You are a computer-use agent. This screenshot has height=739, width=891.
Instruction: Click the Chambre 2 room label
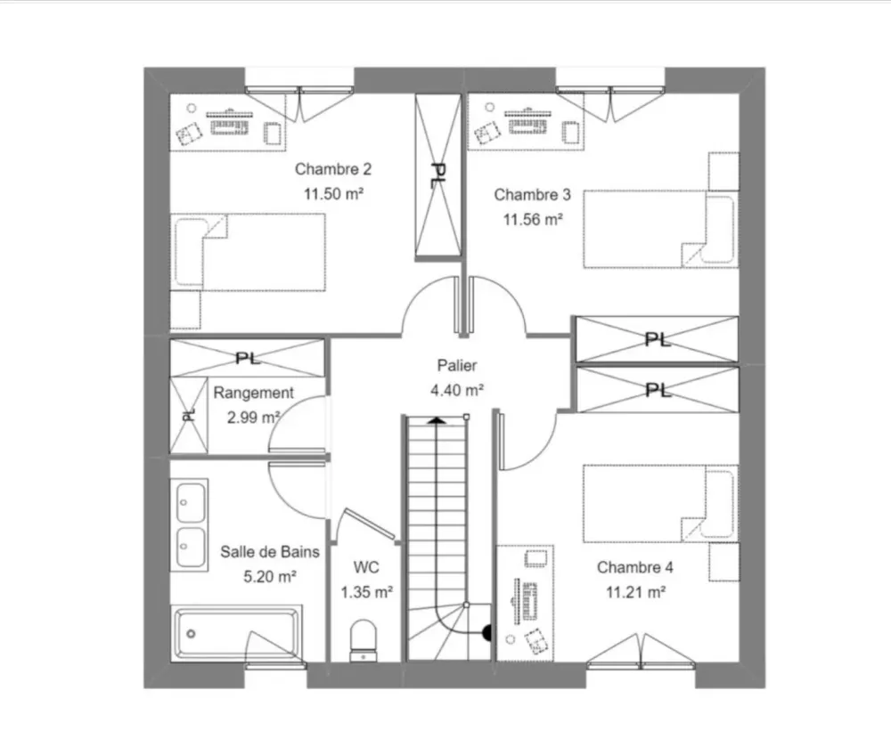(332, 169)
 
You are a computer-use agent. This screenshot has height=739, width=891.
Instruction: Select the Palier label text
(457, 365)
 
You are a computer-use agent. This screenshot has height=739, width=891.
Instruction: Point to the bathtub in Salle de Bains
(237, 634)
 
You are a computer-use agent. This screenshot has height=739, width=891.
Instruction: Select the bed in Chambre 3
(660, 230)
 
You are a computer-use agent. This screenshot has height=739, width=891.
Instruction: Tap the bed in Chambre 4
(660, 503)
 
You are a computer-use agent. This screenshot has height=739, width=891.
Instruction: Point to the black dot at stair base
(487, 634)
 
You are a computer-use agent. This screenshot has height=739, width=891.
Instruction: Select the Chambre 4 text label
(629, 567)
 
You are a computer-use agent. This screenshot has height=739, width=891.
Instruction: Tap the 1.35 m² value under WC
(367, 590)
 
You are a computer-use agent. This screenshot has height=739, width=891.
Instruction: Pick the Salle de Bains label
(269, 552)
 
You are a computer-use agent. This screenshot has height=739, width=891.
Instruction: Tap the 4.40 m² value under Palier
(457, 389)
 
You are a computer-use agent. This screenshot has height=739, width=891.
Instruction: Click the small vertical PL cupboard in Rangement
(187, 414)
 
